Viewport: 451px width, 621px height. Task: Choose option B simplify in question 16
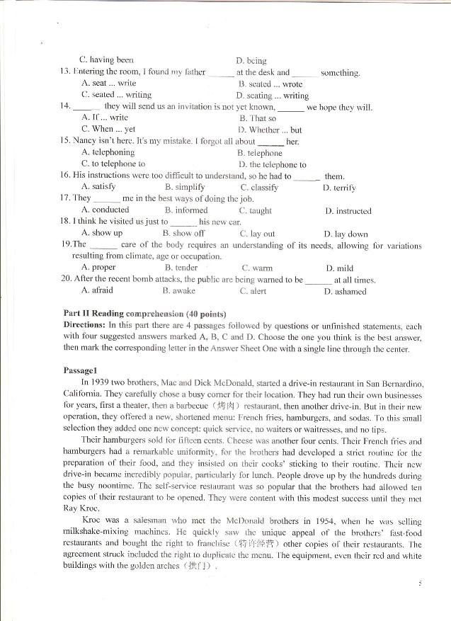coord(181,188)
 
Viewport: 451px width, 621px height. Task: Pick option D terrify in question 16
coord(339,188)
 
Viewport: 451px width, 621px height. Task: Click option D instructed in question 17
coord(348,210)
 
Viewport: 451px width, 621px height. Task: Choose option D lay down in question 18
coord(346,233)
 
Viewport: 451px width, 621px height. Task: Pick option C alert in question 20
coord(253,291)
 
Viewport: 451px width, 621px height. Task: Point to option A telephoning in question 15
coord(108,152)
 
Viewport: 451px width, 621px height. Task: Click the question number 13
coord(64,72)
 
